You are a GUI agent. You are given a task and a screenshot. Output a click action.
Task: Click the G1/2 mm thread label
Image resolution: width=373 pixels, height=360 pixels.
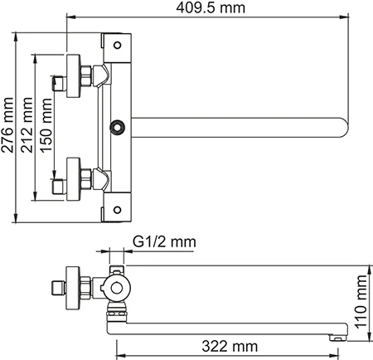click(163, 241)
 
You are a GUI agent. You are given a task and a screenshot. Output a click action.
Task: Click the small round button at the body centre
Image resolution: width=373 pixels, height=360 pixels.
click(117, 127)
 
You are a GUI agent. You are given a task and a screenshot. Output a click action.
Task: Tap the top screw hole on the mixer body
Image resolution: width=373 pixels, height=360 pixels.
click(117, 45)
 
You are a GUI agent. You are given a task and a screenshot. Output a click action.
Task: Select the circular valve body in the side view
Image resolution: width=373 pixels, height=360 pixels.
click(117, 291)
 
